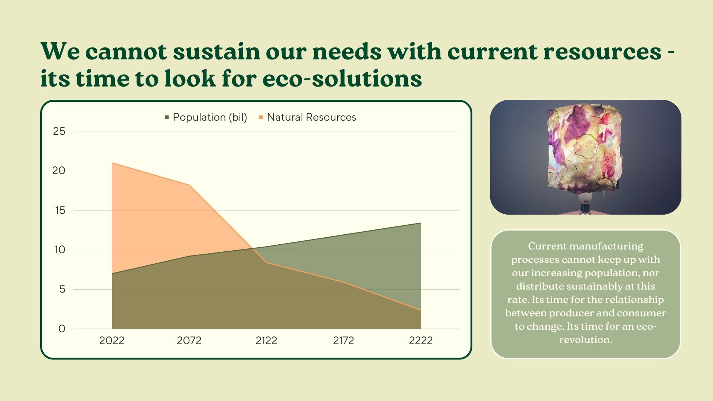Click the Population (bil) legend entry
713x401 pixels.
[206, 117]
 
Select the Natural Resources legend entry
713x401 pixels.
[307, 117]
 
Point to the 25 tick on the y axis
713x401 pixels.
[59, 131]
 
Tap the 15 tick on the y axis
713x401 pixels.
[60, 211]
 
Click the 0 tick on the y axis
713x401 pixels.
[62, 329]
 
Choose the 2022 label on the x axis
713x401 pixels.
[112, 341]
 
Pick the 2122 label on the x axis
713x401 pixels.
[266, 341]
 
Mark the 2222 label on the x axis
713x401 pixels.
[421, 341]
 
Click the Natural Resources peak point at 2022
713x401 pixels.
[112, 163]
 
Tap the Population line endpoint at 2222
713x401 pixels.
[421, 223]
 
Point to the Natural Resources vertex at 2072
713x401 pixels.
[189, 185]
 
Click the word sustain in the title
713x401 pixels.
[216, 51]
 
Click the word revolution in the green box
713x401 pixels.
[585, 340]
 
